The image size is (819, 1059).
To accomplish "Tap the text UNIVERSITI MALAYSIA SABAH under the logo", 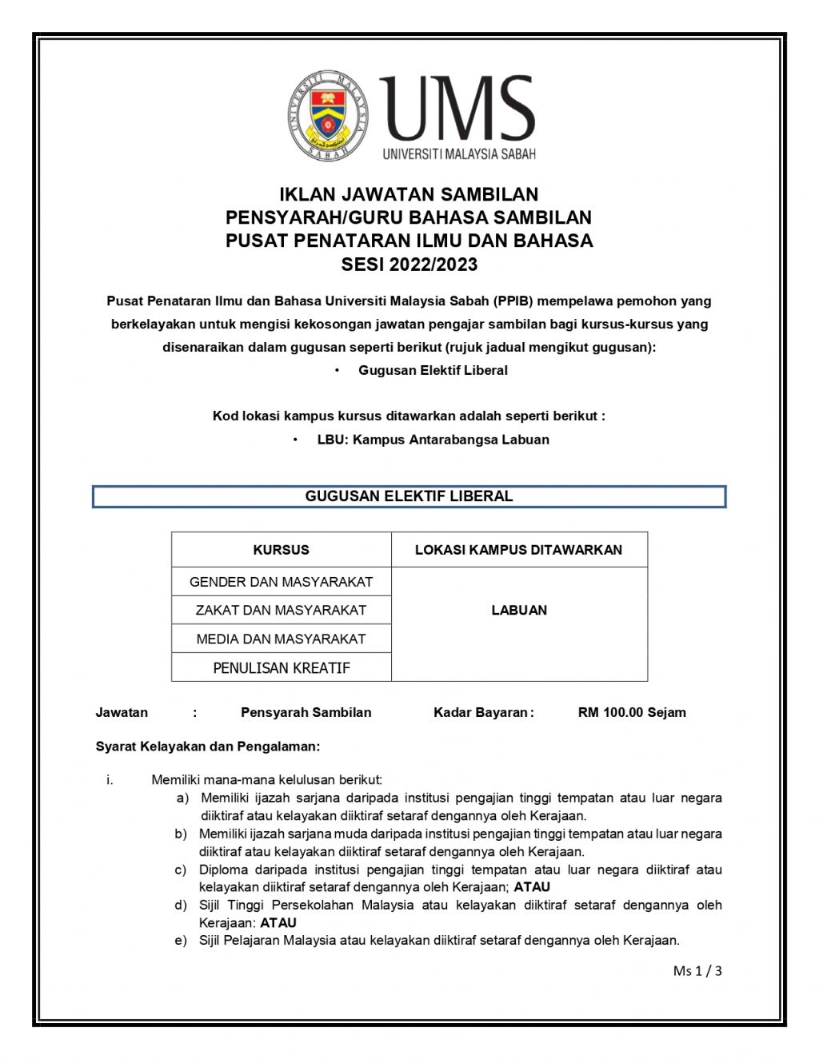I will coord(459,153).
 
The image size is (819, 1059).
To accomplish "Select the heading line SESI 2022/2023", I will coord(409,265).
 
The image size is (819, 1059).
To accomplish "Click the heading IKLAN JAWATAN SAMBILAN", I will coord(409,194).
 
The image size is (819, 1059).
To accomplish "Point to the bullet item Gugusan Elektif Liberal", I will coord(433,370).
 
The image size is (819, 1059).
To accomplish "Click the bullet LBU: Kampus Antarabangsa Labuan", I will coord(433,440).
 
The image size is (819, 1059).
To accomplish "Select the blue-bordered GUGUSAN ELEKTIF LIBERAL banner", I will coord(409,496).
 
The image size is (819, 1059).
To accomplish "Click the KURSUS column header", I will coord(281,550).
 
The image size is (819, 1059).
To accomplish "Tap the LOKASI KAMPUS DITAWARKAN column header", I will coord(518,550).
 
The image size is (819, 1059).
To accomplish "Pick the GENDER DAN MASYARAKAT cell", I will coord(281,582).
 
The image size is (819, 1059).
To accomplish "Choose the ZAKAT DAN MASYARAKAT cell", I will coord(281,610).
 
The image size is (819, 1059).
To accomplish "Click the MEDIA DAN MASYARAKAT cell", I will coord(281,639).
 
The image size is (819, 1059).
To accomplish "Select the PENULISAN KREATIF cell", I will coord(281,668).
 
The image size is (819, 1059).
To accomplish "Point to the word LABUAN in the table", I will coord(519,610).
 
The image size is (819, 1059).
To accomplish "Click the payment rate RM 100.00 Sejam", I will coord(631,712).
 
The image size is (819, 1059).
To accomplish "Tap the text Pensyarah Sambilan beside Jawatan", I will coord(306,712).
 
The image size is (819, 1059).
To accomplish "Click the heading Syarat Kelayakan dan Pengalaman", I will coord(207,746).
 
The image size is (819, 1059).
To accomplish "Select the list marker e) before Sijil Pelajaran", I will coord(182,941).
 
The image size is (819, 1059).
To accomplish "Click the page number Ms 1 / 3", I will coord(697,971).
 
